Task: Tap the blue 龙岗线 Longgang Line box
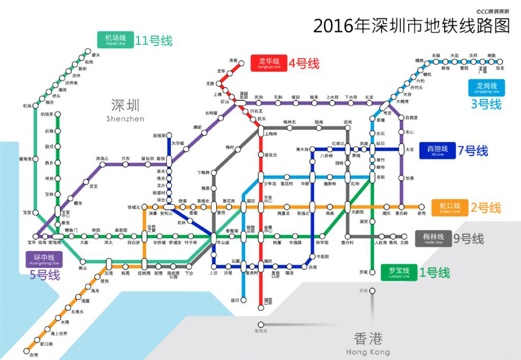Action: pyautogui.click(x=486, y=88)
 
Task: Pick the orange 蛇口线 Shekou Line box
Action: pyautogui.click(x=450, y=208)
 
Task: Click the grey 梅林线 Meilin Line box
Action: pyautogui.click(x=433, y=238)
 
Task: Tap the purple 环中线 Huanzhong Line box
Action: pyautogui.click(x=44, y=259)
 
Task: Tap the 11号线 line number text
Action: pyautogui.click(x=154, y=41)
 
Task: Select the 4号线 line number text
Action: pyautogui.click(x=304, y=64)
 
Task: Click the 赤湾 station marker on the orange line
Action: pyautogui.click(x=27, y=350)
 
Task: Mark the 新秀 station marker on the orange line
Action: pyautogui.click(x=421, y=207)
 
